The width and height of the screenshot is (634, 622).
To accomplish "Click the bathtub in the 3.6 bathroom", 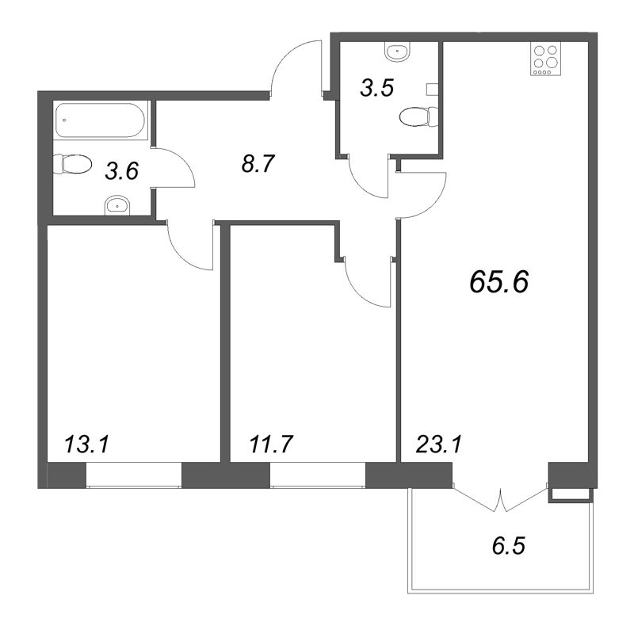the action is (x=100, y=120).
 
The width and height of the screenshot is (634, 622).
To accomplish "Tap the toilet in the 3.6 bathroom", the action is (x=73, y=164).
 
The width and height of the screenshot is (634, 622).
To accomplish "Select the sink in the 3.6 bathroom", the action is (x=117, y=206).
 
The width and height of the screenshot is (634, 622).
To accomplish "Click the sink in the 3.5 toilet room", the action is (x=399, y=52).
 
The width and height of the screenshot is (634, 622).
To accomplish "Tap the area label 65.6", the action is (x=499, y=281).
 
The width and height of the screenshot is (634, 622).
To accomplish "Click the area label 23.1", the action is (x=439, y=445).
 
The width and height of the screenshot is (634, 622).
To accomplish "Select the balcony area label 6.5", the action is (x=508, y=546).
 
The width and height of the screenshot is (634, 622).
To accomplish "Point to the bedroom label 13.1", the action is (x=87, y=445).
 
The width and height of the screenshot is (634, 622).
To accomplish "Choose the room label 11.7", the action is (x=270, y=445).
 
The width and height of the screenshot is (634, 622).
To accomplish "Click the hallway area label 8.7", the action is (x=258, y=164).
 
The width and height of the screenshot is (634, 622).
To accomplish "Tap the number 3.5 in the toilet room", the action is (x=377, y=88).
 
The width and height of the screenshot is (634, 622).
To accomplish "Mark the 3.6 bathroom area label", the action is (x=122, y=170).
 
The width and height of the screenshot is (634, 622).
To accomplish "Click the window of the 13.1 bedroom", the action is (x=134, y=475).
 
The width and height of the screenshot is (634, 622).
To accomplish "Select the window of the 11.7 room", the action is (x=318, y=475).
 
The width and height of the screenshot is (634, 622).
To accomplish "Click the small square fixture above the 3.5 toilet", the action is (x=433, y=90).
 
